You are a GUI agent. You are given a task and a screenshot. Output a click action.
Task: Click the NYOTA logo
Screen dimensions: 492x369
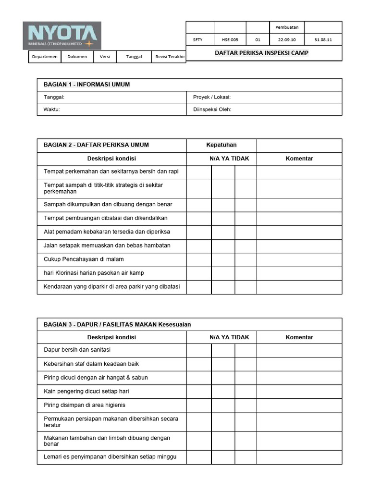[62, 36]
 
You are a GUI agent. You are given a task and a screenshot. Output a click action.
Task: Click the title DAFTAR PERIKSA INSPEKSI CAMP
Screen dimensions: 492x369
[261, 53]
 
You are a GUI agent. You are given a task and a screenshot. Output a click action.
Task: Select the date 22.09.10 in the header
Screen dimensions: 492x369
[287, 40]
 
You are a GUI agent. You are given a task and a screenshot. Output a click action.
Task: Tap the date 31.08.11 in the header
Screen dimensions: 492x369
[323, 40]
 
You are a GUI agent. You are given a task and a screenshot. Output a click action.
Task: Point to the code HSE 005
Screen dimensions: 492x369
[230, 40]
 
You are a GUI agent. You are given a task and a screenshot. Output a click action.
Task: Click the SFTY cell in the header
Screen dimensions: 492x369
[198, 40]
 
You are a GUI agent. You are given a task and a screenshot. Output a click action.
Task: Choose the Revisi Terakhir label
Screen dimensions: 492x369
[170, 57]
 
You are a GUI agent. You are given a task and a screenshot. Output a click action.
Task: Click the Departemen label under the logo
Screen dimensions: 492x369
[45, 57]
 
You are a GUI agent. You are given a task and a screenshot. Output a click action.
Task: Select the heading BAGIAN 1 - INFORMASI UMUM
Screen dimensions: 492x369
[87, 85]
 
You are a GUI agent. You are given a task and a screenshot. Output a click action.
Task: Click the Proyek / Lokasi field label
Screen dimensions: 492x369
[212, 97]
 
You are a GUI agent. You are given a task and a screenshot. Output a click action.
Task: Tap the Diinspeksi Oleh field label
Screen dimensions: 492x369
[212, 110]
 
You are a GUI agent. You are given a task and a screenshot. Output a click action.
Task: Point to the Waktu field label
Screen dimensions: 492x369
[52, 110]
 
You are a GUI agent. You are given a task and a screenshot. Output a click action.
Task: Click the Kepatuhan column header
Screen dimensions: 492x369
[221, 145]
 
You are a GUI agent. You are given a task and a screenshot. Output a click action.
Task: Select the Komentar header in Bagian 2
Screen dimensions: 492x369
[299, 159]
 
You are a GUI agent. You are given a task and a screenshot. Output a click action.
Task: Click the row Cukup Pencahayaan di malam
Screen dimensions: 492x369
[84, 259]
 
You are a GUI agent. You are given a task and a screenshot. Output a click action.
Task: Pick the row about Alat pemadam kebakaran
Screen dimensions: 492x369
[107, 232]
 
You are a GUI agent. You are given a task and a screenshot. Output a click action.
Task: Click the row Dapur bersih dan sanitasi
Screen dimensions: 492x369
[77, 350]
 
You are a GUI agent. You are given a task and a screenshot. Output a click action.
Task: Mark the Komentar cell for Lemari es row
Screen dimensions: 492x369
[299, 457]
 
